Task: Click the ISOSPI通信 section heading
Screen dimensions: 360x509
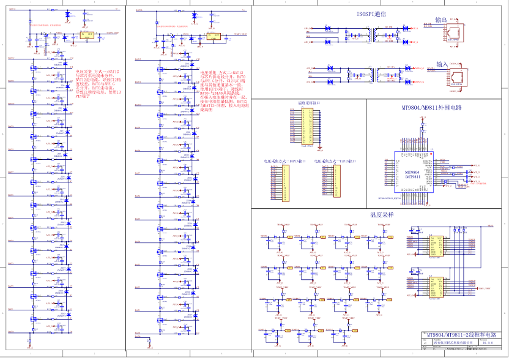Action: click(371, 13)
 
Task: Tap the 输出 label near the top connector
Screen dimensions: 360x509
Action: click(441, 20)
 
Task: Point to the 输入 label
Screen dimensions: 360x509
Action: click(441, 64)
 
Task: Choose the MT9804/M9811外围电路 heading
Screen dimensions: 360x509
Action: click(431, 108)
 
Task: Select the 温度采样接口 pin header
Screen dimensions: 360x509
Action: click(307, 126)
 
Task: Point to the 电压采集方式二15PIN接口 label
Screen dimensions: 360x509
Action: click(283, 161)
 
